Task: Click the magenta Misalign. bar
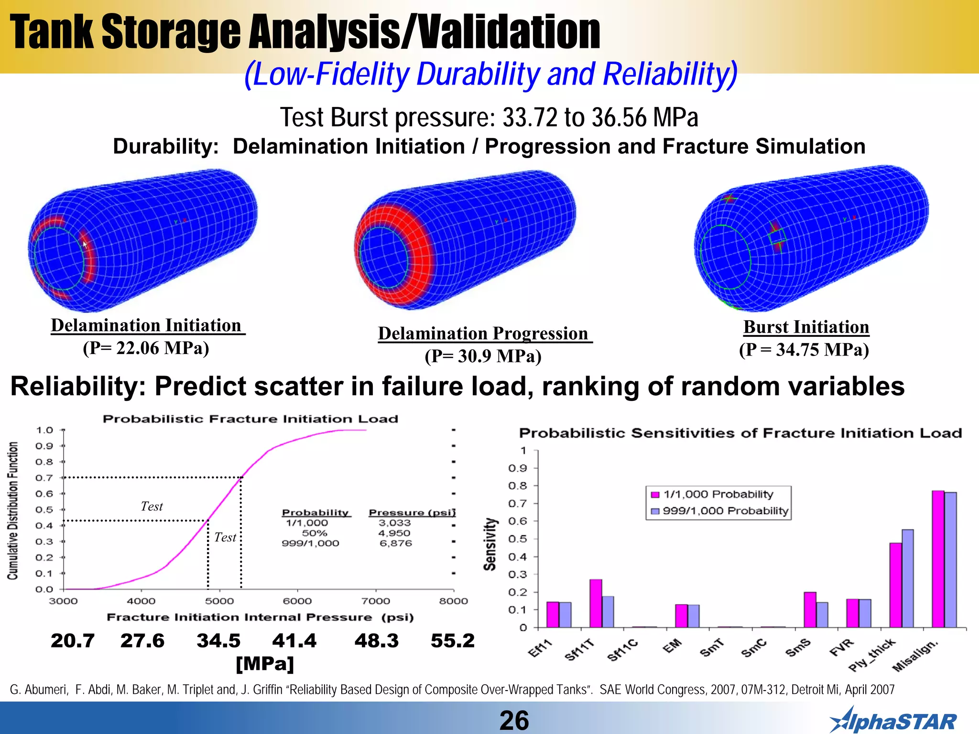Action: (x=938, y=559)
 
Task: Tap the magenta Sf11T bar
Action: (x=596, y=603)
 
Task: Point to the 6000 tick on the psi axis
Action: (x=297, y=601)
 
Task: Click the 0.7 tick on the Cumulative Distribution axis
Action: (x=44, y=477)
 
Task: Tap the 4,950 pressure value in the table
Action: (x=394, y=533)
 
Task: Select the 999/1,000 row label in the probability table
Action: (x=310, y=543)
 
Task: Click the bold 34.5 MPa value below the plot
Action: (x=218, y=641)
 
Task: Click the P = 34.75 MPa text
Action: (x=804, y=350)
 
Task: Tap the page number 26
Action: (x=514, y=720)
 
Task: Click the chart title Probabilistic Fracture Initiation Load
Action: (x=250, y=419)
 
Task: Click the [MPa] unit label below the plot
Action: (x=265, y=663)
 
